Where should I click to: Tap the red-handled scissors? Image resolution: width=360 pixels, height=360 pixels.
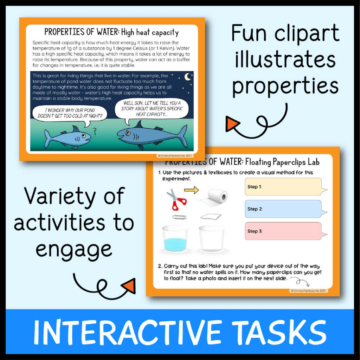[176, 199]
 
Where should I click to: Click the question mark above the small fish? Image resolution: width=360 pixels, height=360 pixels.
[94, 130]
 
